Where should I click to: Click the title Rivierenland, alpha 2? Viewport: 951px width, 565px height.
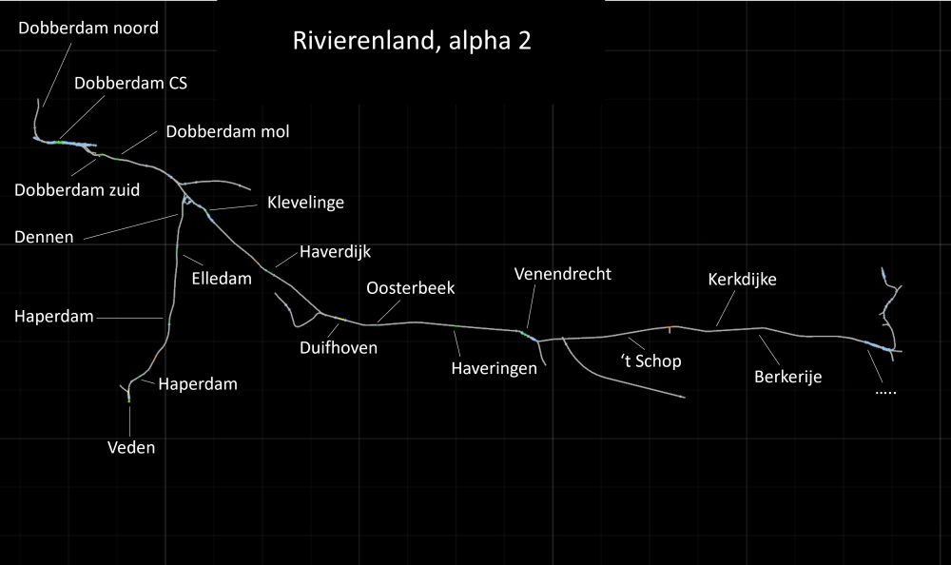coord(412,43)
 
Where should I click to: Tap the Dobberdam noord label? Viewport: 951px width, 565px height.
coord(88,28)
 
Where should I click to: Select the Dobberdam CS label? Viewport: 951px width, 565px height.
coord(130,83)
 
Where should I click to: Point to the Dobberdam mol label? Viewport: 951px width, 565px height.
coord(227,131)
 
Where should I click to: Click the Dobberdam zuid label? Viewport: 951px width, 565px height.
coord(77,189)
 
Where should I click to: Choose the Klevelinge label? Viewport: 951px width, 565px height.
coord(305,202)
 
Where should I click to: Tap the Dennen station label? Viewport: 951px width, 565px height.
coord(44,236)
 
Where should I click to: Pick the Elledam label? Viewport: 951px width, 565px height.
coord(222,279)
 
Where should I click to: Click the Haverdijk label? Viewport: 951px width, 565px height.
coord(335,252)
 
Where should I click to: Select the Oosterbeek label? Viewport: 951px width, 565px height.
coord(411,288)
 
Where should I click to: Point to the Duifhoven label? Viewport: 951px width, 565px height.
coord(339,347)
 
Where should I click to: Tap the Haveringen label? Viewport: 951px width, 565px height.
coord(495,368)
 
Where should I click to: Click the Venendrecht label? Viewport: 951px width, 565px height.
coord(563,274)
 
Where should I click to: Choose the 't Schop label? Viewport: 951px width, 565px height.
coord(650,360)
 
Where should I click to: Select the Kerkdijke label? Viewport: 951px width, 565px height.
coord(743,280)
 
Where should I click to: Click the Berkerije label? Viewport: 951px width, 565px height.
coord(787,376)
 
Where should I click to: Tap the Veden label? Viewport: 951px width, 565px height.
coord(131,447)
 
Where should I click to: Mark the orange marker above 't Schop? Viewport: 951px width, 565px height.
coord(670,329)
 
